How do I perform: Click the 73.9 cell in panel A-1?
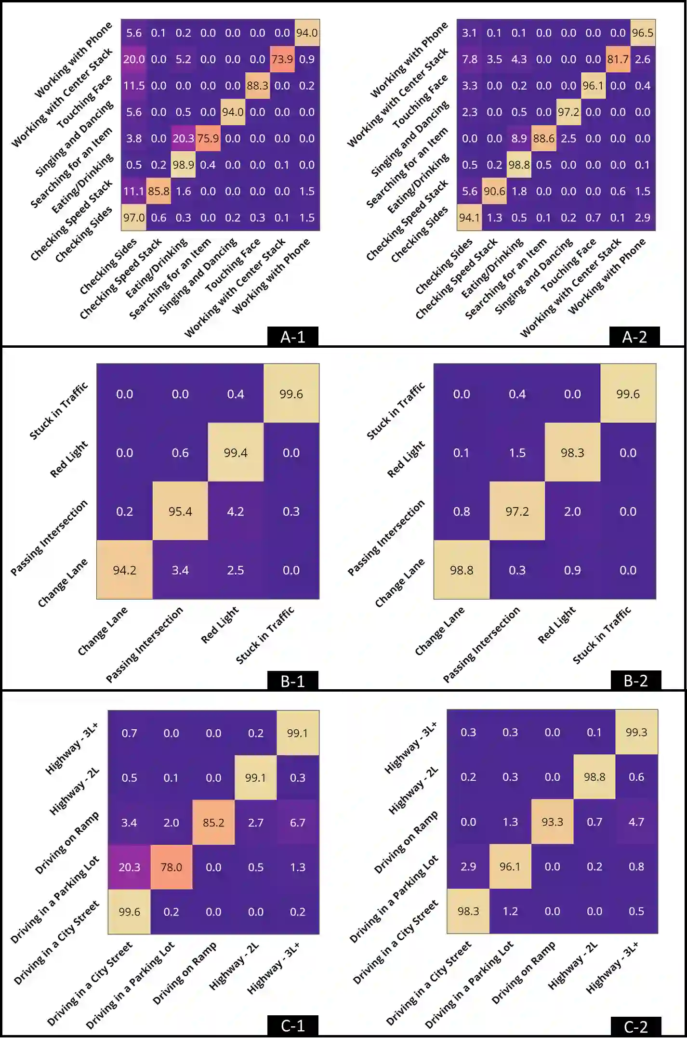pos(282,59)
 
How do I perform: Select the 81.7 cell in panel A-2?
pos(618,59)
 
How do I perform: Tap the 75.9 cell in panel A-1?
pos(208,138)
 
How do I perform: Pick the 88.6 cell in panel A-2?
pos(544,138)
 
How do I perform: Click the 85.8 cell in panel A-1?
pos(159,191)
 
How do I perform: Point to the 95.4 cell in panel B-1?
pos(180,511)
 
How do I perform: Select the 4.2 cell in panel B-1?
pos(236,511)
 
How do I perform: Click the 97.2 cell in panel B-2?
pos(517,511)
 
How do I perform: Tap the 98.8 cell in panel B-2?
pos(462,570)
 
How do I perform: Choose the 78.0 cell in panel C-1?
pos(171,867)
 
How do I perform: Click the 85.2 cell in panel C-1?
pos(213,822)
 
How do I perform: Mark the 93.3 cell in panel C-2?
pos(552,822)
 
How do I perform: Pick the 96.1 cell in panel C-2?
pos(510,866)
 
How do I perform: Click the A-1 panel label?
pos(293,337)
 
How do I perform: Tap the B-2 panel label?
pos(635,681)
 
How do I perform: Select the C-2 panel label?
pos(635,1026)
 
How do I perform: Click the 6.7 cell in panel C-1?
pos(298,822)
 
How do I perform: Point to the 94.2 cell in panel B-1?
pos(124,570)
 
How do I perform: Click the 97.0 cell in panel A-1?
pos(133,218)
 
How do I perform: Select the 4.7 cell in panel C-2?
pos(636,822)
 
